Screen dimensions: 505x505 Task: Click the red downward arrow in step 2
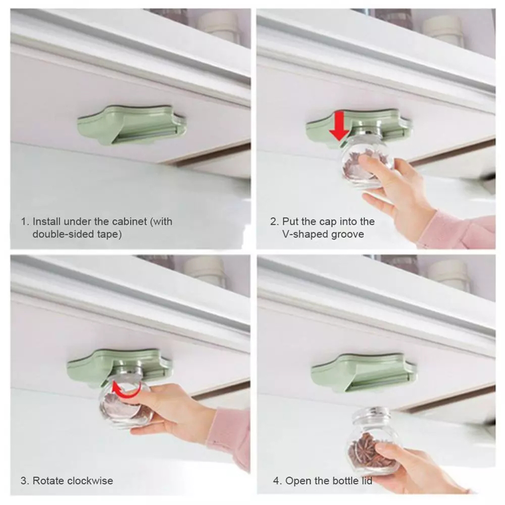[340, 126]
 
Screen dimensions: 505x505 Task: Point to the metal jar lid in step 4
[371, 414]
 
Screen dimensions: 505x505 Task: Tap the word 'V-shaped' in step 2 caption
[301, 234]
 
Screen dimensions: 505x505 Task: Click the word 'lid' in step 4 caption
[366, 481]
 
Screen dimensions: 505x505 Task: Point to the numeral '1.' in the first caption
[25, 222]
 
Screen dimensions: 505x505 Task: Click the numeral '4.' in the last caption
[277, 481]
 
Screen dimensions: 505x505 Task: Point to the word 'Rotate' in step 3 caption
[49, 481]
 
